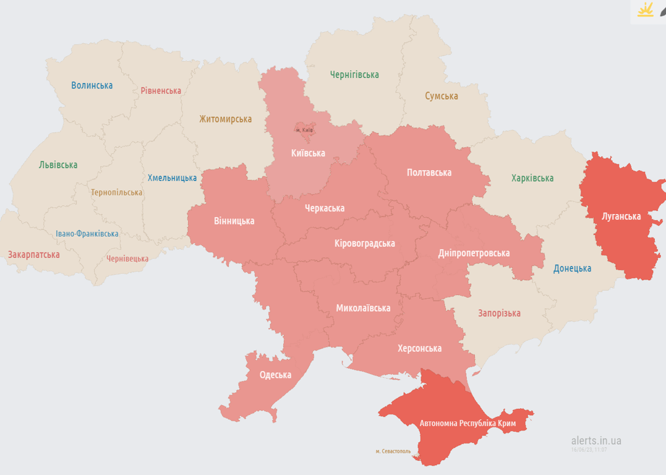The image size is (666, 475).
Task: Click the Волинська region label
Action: click(92, 85)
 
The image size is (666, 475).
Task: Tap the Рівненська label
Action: click(161, 91)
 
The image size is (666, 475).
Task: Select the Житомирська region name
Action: click(225, 119)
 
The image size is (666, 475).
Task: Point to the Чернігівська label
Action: click(354, 75)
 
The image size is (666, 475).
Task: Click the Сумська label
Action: click(442, 96)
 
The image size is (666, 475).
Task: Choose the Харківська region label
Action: click(532, 178)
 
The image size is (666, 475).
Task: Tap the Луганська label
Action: click(621, 216)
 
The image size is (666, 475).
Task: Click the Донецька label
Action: click(572, 268)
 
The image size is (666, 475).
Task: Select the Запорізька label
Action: click(499, 313)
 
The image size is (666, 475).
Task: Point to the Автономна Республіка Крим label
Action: click(467, 424)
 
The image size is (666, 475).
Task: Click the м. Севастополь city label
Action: click(393, 451)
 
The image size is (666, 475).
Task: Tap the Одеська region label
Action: click(275, 375)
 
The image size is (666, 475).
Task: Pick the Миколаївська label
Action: click(363, 308)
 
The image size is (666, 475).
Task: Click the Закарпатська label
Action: click(33, 254)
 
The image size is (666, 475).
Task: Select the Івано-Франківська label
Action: click(87, 234)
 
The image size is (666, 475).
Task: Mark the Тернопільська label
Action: click(116, 192)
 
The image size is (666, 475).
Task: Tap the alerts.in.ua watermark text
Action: click(596, 440)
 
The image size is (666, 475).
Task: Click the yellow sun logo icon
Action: click(646, 11)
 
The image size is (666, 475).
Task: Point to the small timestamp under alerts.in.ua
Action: click(589, 450)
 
